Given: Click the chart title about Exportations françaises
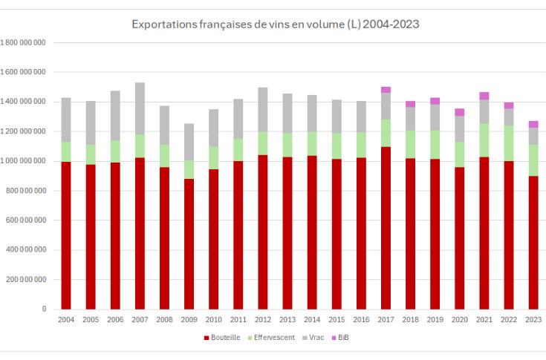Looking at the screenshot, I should tap(275, 24).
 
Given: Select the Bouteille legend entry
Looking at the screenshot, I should tap(224, 338).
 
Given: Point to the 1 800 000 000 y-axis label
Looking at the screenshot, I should tap(24, 42).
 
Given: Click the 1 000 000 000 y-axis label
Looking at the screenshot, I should tap(24, 161).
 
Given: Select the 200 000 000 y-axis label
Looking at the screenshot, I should tap(27, 280).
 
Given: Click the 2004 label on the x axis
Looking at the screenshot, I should tap(66, 319).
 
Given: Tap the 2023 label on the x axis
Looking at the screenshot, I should tap(533, 319).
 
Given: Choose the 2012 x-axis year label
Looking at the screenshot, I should tap(263, 319).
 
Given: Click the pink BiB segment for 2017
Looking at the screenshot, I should tap(386, 90).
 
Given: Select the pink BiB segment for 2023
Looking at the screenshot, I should tap(533, 124).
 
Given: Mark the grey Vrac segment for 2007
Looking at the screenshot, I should tap(140, 108).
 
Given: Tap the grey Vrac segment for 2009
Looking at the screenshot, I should tap(189, 142).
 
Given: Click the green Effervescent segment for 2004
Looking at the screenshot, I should tap(66, 151).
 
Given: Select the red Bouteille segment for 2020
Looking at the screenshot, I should tap(459, 238).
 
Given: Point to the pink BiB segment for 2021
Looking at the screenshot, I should tap(484, 96).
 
